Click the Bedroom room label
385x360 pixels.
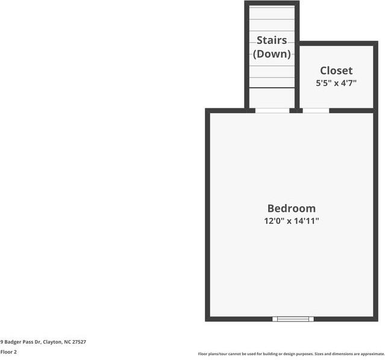[x=291, y=208]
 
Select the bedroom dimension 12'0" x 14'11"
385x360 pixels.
[x=291, y=221]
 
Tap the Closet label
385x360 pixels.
[x=336, y=71]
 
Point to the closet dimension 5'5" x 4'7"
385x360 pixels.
[x=336, y=84]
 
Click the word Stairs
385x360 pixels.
[x=272, y=40]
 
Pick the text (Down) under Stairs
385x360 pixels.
[x=272, y=54]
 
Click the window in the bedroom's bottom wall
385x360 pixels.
[x=293, y=318]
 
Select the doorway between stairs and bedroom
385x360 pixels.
[x=272, y=110]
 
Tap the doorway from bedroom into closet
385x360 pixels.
[x=316, y=110]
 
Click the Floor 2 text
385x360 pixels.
[x=8, y=352]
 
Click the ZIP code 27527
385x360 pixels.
[x=79, y=342]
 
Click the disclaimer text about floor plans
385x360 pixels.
[x=291, y=354]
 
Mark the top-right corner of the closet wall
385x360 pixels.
[x=375, y=43]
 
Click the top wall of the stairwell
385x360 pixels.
[x=272, y=4]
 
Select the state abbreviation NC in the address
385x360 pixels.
[x=67, y=342]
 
